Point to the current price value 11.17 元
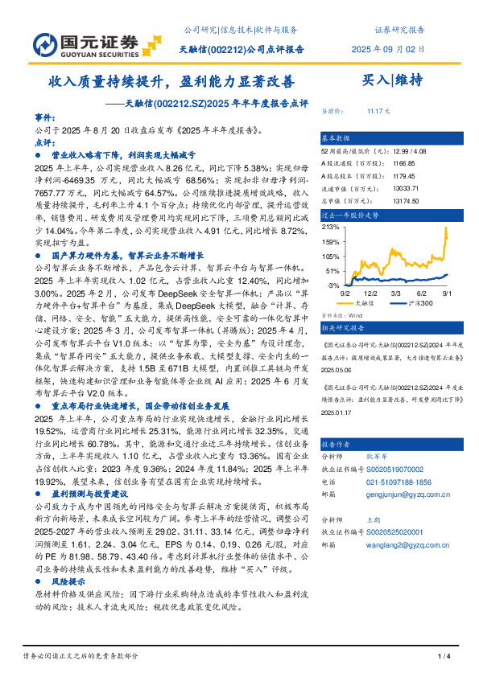(378, 111)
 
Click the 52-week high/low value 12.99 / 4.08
(389, 151)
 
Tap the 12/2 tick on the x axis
(372, 294)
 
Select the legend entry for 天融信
(364, 303)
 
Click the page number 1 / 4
(443, 657)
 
